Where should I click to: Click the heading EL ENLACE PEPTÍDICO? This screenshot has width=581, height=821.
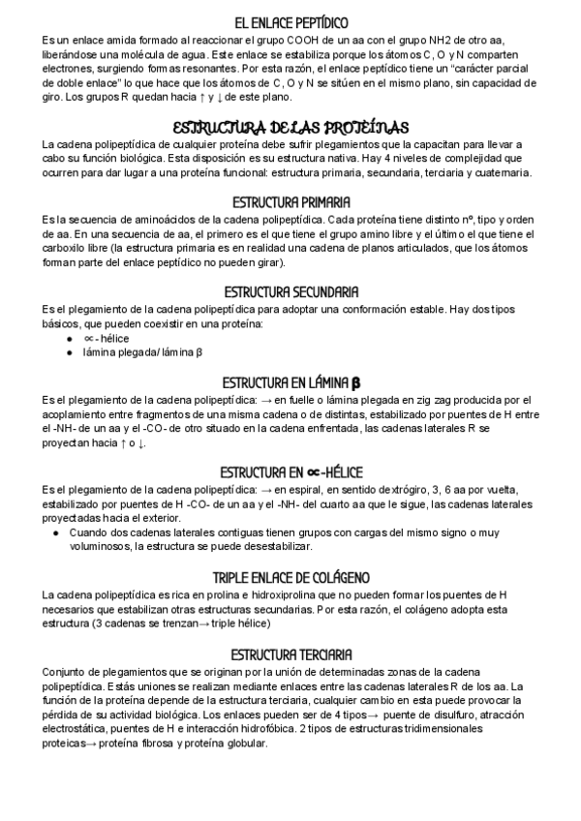coord(290,20)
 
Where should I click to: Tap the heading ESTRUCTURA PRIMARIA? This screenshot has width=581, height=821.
coord(290,202)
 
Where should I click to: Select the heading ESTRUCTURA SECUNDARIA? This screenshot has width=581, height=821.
coord(290,291)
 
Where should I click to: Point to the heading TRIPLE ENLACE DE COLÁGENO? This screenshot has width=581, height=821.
coord(290,577)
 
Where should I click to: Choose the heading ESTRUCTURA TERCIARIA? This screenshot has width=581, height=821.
coord(290,654)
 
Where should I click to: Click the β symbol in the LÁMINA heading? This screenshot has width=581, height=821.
coord(356,381)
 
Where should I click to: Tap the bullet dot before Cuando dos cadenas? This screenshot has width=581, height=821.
coord(57,532)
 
